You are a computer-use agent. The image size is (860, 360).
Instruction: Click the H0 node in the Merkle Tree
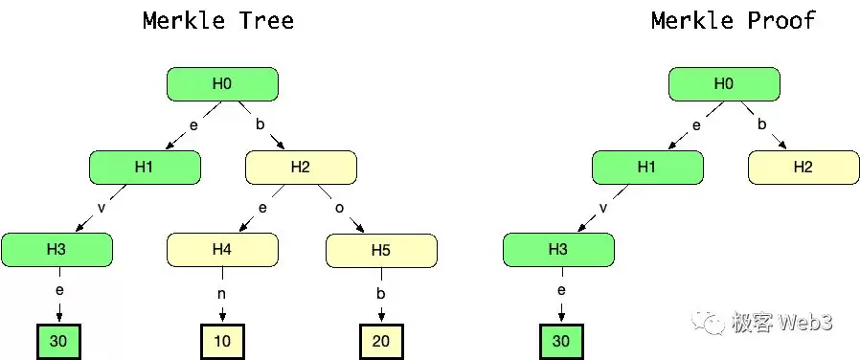tap(222, 84)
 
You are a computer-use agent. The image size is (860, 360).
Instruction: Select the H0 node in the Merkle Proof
tap(724, 84)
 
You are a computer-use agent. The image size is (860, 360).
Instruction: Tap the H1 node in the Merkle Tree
tap(145, 168)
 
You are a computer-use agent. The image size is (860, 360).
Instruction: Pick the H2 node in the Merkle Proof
tap(803, 168)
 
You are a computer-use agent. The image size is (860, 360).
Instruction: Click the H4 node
tap(222, 250)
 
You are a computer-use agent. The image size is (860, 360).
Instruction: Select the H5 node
tap(382, 251)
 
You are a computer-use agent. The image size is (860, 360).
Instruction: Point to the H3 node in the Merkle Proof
tap(558, 250)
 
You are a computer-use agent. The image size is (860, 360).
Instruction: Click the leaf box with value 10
tap(222, 342)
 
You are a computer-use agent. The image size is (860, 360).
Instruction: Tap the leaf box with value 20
tap(381, 342)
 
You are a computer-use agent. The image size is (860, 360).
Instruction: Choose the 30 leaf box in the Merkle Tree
tap(58, 342)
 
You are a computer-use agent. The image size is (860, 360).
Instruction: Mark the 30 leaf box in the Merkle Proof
tap(561, 342)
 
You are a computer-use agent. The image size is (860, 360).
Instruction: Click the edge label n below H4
tap(222, 294)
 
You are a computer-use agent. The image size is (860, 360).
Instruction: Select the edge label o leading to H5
tap(339, 208)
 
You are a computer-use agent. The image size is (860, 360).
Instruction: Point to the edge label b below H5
tap(380, 293)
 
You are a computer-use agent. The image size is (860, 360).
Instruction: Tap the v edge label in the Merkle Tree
tap(101, 208)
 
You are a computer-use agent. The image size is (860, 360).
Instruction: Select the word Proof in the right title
tap(781, 21)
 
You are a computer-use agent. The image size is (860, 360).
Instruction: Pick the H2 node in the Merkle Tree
tap(301, 168)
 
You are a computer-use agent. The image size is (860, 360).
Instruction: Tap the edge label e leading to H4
tap(262, 208)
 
